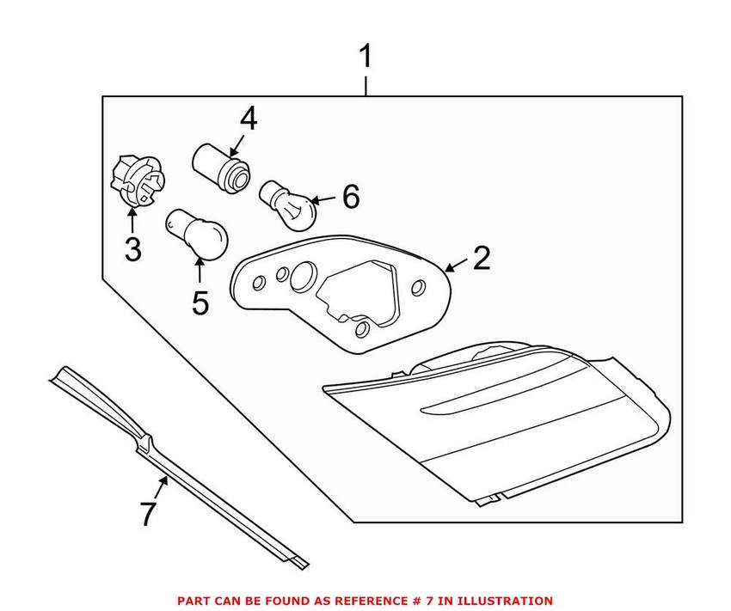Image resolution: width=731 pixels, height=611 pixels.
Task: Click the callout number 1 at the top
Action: (x=365, y=58)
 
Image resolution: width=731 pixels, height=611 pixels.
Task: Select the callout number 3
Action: (x=132, y=249)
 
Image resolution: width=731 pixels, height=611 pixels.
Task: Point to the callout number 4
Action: (x=248, y=119)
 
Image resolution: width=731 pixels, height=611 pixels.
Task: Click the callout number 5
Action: (x=200, y=302)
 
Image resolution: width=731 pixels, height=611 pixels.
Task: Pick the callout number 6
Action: (x=350, y=197)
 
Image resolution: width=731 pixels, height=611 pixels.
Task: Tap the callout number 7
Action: (x=148, y=515)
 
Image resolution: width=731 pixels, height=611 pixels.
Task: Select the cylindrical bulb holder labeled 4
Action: (x=221, y=166)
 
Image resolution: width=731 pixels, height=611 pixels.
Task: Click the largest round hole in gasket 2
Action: (x=304, y=276)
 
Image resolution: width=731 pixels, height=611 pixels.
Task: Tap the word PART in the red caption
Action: (x=193, y=601)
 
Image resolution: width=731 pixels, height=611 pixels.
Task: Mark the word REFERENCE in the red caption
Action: (x=366, y=601)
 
